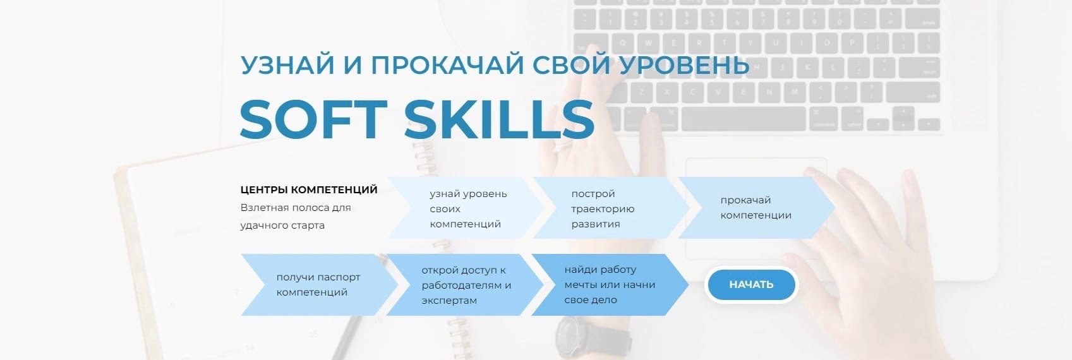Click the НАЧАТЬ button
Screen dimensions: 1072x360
[751, 284]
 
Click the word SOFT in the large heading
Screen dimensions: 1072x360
[313, 119]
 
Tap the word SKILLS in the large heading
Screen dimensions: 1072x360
[499, 119]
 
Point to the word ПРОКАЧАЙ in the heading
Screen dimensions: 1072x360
[447, 64]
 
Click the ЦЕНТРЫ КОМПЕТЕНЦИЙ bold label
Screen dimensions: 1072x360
[309, 189]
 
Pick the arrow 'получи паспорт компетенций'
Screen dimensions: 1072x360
[319, 285]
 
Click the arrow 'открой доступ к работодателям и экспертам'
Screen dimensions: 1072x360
[465, 285]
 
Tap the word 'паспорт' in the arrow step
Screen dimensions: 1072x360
[339, 277]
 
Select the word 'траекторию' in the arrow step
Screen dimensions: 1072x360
[603, 209]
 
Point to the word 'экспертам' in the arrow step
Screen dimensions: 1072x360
[449, 301]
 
